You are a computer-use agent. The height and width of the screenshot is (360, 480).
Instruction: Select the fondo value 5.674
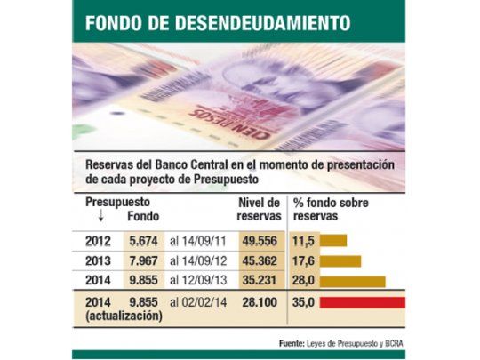point(142,240)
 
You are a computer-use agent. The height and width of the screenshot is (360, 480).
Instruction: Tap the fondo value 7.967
point(142,260)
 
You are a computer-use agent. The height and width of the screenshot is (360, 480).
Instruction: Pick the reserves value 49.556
point(260,240)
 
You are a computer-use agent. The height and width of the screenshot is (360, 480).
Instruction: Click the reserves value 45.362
point(260,260)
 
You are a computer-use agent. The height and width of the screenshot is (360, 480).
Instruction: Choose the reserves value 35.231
point(260,281)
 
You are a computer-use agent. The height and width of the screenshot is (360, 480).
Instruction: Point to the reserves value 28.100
point(260,302)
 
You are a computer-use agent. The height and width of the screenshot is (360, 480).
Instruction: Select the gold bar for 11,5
point(333,240)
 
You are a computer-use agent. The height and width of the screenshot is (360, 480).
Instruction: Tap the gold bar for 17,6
point(340,260)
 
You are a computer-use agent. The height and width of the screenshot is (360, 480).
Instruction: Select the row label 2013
point(99,260)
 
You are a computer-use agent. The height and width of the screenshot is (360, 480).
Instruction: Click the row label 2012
point(99,240)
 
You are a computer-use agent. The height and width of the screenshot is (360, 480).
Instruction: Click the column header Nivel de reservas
point(260,209)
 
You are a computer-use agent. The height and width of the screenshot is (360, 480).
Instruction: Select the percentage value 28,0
point(305,281)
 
